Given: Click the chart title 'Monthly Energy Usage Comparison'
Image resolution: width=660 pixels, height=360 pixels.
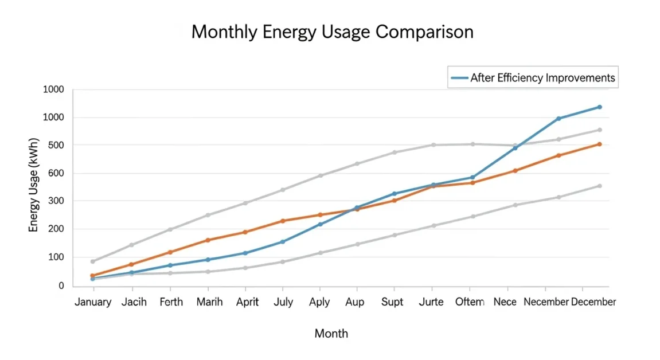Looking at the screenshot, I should (x=332, y=32).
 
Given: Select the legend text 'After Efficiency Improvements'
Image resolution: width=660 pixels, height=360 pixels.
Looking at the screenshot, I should (x=542, y=78).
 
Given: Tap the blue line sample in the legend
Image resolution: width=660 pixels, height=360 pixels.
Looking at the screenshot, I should (x=459, y=78).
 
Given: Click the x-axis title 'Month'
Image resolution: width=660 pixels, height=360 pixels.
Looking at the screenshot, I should (x=331, y=333).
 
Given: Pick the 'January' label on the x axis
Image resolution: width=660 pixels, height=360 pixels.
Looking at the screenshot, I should (x=93, y=302).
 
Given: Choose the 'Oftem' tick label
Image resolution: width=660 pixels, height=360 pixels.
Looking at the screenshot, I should (x=470, y=302).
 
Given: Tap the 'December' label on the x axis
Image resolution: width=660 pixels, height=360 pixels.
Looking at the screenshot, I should (x=593, y=302).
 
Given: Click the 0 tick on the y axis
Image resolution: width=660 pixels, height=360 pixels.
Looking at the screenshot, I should (x=61, y=285).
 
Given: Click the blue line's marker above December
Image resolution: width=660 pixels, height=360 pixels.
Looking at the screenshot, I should (x=599, y=107).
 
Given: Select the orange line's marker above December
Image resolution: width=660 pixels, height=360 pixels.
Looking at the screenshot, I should (x=599, y=144).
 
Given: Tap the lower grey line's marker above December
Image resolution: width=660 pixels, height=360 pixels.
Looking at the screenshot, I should (x=599, y=186).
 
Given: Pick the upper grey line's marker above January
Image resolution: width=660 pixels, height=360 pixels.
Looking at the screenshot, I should (x=93, y=261).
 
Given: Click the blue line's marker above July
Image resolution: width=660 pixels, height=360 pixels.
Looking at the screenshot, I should (x=283, y=242).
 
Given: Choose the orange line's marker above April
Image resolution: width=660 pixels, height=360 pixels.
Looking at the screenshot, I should (x=245, y=232).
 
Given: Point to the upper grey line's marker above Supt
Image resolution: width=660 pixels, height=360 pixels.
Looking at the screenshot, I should (x=395, y=152).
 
